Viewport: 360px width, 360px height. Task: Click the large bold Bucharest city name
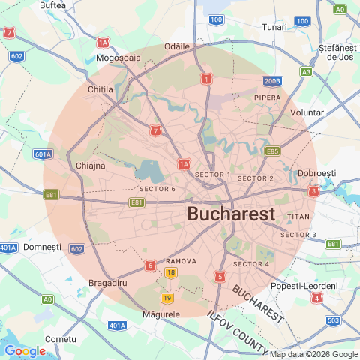coord(231,214)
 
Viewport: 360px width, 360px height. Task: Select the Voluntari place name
coord(307,112)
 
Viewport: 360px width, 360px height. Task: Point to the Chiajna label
coord(90,166)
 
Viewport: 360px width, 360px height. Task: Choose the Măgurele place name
coord(160,313)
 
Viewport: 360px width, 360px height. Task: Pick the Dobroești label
coord(316,173)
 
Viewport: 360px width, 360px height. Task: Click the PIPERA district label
coord(268,97)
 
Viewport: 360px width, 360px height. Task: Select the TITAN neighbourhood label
coord(298,216)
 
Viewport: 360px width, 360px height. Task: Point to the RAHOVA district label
coord(181,261)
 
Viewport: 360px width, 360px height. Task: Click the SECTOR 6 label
coord(157,189)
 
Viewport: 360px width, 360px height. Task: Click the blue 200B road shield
coord(271,81)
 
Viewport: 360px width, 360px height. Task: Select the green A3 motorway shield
coord(306,72)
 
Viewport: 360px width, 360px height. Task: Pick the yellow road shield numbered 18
coord(172,272)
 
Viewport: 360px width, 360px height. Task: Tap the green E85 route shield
coord(272,151)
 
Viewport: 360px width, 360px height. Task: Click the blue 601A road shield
coord(43,154)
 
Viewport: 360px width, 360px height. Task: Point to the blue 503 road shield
coord(333,321)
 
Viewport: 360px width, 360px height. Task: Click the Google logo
coord(25,350)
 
